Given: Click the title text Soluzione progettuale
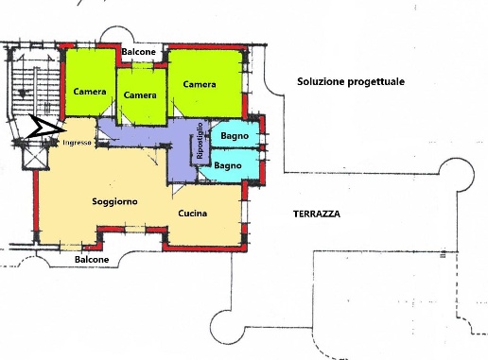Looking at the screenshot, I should tap(351, 82).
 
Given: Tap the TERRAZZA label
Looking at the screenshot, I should tap(317, 214).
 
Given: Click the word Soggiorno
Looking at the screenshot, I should tap(115, 202).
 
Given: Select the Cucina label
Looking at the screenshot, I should tap(193, 214).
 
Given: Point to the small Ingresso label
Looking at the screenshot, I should tap(77, 144).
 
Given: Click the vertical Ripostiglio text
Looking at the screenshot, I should tap(200, 141).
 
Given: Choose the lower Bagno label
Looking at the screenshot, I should tap(228, 165).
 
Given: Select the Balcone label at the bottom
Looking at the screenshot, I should tap(92, 260).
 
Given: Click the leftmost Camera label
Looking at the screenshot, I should tap(90, 92).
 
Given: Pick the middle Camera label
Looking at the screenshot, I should tap(140, 95).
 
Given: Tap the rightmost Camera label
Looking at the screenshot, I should tap(200, 85).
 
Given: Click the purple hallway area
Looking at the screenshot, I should tap(142, 138).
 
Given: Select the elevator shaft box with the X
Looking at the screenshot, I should tap(36, 156).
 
